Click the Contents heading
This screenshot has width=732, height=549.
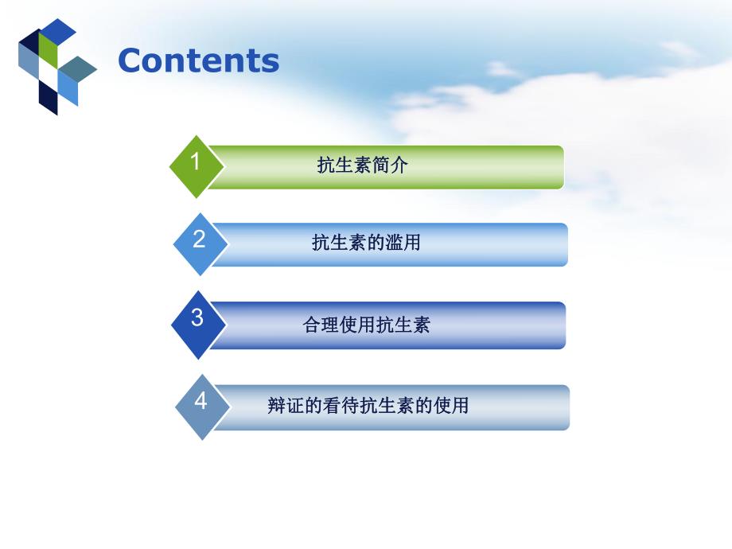click(198, 61)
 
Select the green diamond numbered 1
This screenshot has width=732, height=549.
click(196, 165)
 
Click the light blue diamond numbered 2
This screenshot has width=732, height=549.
click(200, 242)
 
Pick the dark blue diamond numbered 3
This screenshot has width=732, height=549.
click(198, 323)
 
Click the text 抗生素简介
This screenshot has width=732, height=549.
click(362, 165)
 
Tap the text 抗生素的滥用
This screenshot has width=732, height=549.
click(366, 243)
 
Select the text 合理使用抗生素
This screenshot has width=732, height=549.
click(366, 325)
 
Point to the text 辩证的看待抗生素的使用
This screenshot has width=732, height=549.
click(368, 406)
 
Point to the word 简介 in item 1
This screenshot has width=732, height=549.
click(392, 165)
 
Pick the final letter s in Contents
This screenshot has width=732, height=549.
click(270, 63)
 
